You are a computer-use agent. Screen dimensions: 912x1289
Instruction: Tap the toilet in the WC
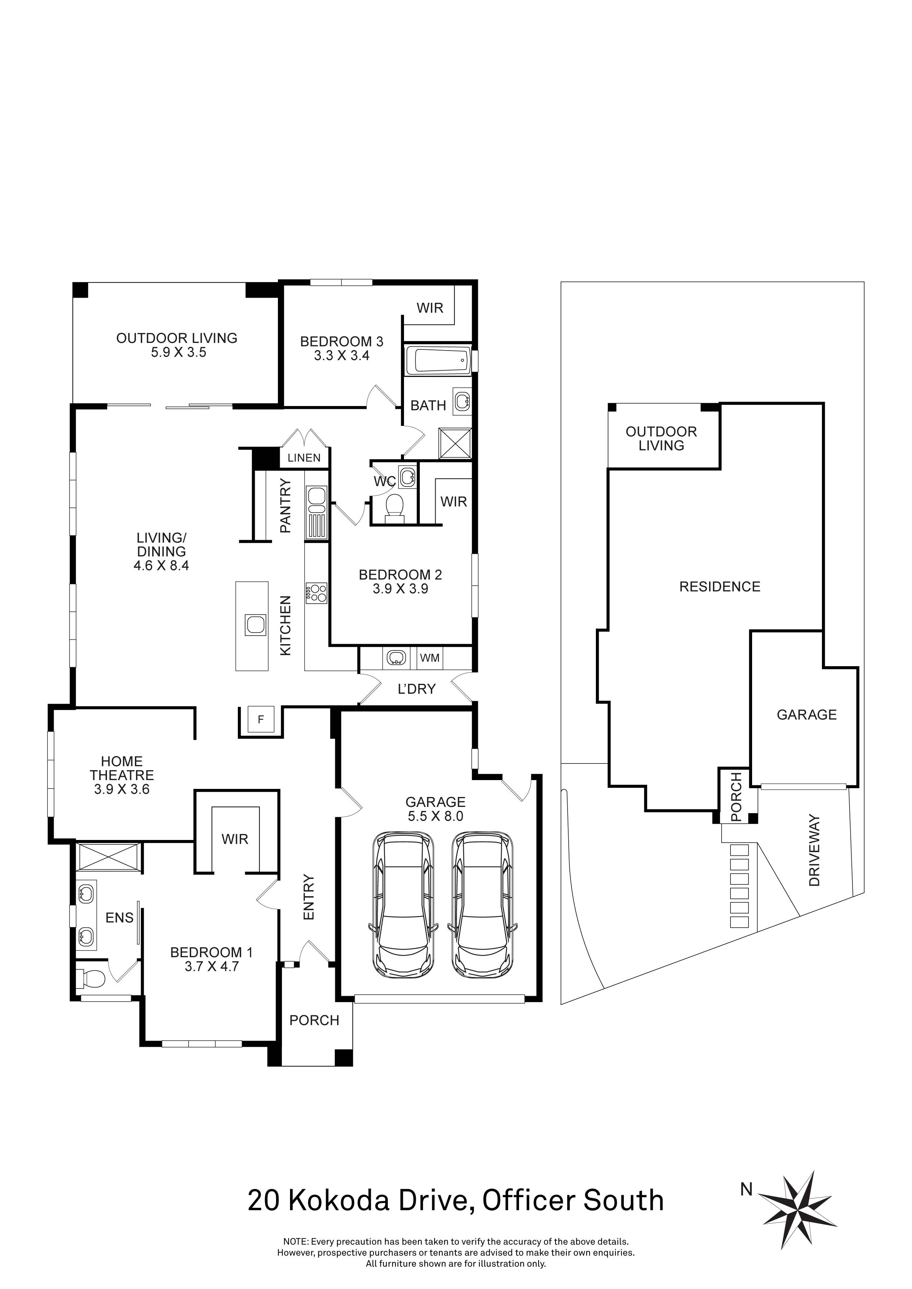click(396, 507)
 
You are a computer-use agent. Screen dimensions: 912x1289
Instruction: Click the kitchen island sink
click(255, 625)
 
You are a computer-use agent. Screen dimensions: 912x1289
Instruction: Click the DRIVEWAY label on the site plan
click(814, 851)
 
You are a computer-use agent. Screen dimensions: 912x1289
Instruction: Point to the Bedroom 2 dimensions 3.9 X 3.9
click(400, 589)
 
